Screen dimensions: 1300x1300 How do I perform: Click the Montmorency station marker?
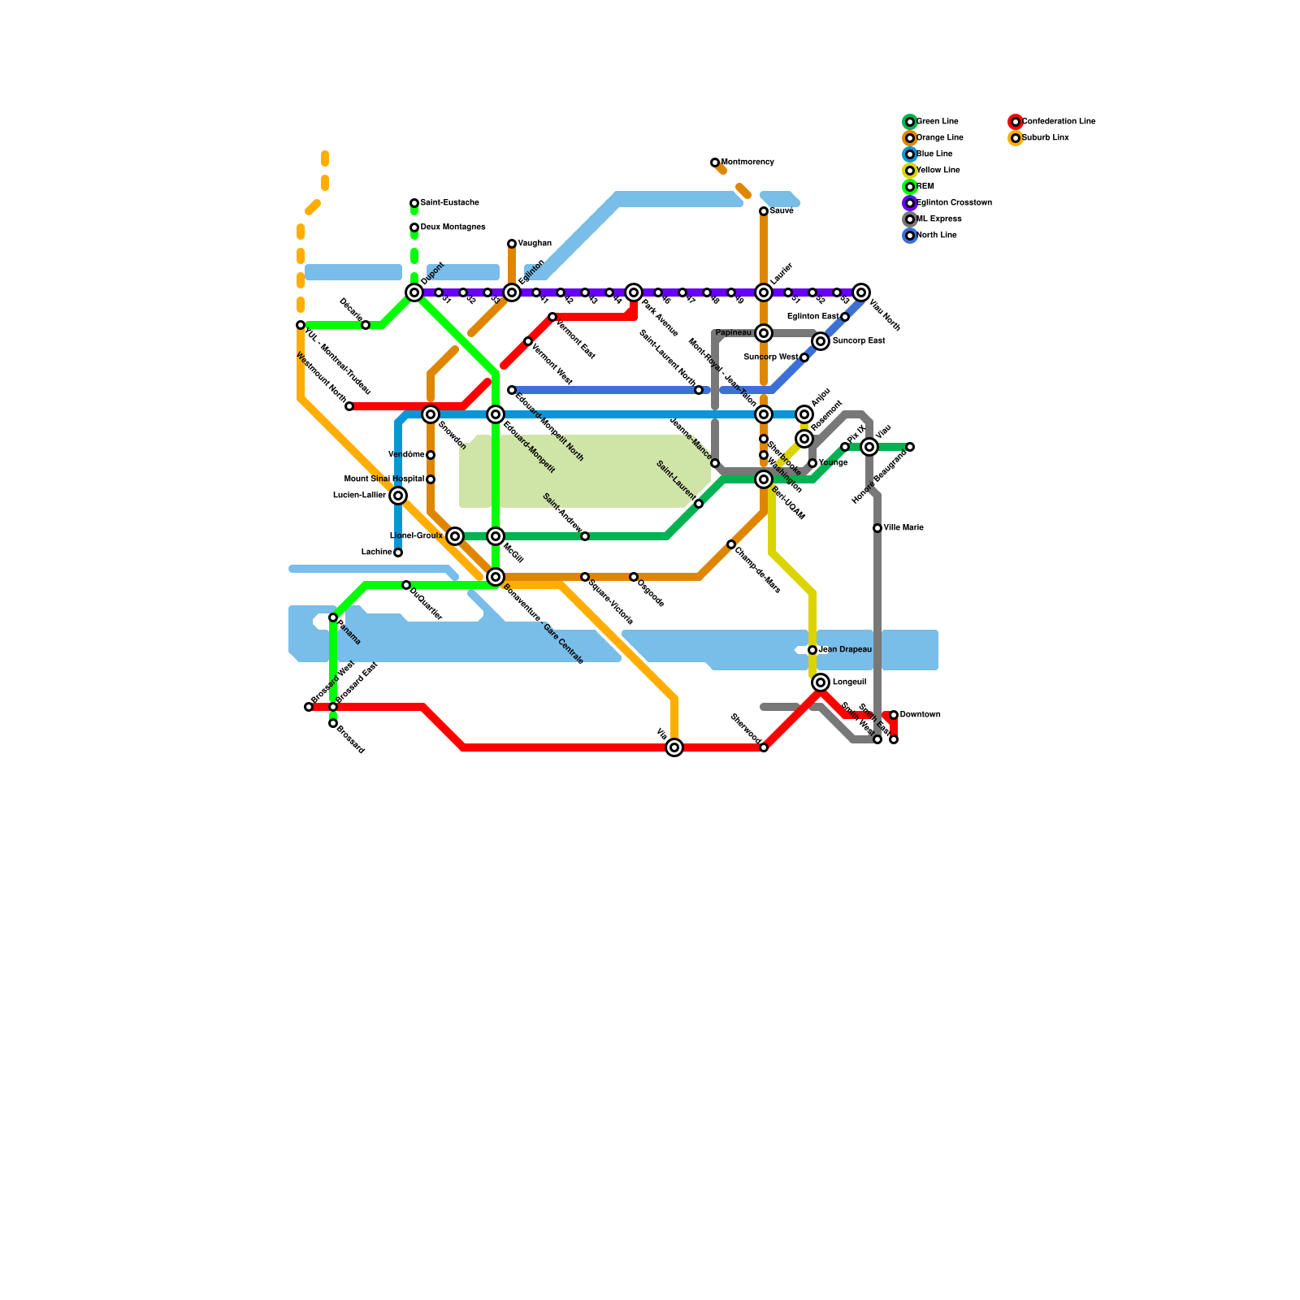click(715, 162)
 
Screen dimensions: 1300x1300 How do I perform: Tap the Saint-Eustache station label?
click(449, 203)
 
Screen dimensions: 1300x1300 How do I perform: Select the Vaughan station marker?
click(512, 244)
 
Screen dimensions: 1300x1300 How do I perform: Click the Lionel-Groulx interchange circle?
click(455, 536)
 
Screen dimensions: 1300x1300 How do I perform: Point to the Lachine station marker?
click(398, 552)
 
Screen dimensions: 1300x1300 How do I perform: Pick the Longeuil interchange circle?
click(821, 682)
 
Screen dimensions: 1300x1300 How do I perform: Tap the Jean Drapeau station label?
click(845, 650)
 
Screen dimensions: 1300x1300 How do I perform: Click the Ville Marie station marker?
click(877, 528)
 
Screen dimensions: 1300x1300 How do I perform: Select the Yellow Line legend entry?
click(938, 171)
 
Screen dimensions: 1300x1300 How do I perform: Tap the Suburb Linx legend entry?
click(1045, 138)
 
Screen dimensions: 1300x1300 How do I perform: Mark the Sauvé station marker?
click(764, 211)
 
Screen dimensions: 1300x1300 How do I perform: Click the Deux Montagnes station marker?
click(414, 227)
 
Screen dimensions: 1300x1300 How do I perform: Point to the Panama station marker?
click(333, 617)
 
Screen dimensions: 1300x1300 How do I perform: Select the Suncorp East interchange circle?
click(821, 341)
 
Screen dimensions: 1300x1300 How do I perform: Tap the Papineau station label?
click(733, 333)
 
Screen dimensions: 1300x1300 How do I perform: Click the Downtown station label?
click(920, 715)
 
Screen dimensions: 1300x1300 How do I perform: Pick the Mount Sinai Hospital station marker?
click(431, 479)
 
